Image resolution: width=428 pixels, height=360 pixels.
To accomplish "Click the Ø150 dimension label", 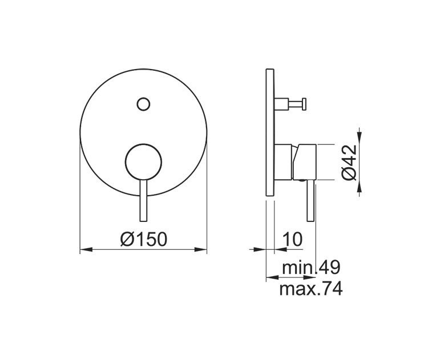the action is pos(144,239).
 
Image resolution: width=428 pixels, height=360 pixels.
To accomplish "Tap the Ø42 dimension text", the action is pos(349,163).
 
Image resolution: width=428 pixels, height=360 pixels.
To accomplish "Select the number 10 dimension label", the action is pos(293,240).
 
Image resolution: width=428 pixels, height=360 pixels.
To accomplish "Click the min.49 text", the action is pos(311,268).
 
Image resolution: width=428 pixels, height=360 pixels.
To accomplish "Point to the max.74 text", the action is pos(311,289).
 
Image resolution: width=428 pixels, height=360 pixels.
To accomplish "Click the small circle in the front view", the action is pos(143,104).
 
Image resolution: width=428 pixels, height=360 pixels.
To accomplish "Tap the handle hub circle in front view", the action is pos(144,162).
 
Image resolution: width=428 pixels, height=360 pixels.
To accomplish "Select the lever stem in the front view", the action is pos(144,201).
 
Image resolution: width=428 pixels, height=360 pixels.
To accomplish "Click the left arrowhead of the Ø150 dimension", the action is pos(86,249).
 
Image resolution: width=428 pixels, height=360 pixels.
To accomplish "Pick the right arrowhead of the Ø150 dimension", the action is pos(201,249).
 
